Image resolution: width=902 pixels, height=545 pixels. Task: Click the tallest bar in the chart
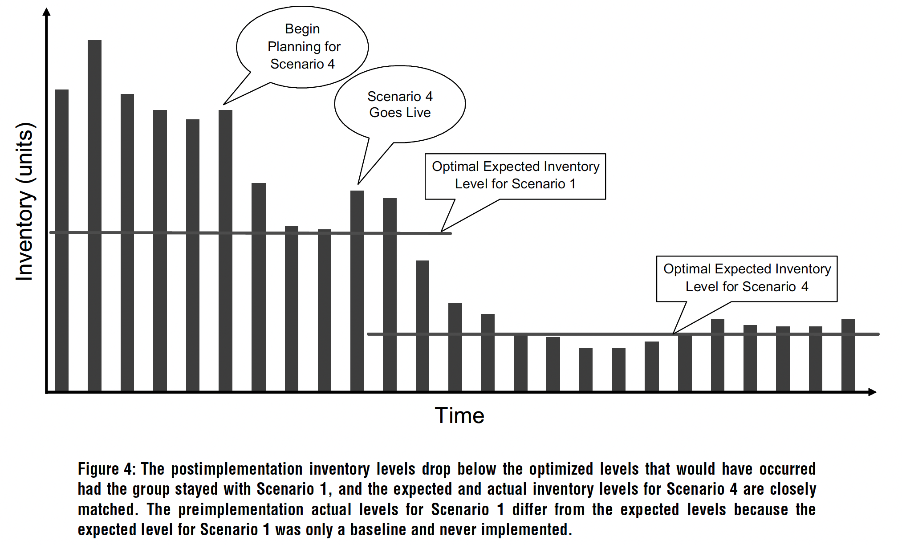(94, 214)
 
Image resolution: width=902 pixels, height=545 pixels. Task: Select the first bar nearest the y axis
(62, 240)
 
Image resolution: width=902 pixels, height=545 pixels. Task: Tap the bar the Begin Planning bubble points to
(225, 249)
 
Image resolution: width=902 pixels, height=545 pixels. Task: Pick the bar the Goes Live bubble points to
(357, 289)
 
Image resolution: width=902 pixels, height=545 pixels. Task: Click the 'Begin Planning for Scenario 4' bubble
(302, 47)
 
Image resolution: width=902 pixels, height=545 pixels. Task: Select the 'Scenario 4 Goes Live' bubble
(400, 104)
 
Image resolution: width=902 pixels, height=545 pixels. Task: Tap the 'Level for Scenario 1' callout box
(515, 176)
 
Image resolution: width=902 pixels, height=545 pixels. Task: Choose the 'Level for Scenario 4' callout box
(747, 278)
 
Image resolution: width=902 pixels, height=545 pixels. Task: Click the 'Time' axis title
(459, 415)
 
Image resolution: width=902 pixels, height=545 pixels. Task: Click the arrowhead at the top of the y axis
(46, 11)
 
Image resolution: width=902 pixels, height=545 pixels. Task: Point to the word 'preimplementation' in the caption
(241, 509)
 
